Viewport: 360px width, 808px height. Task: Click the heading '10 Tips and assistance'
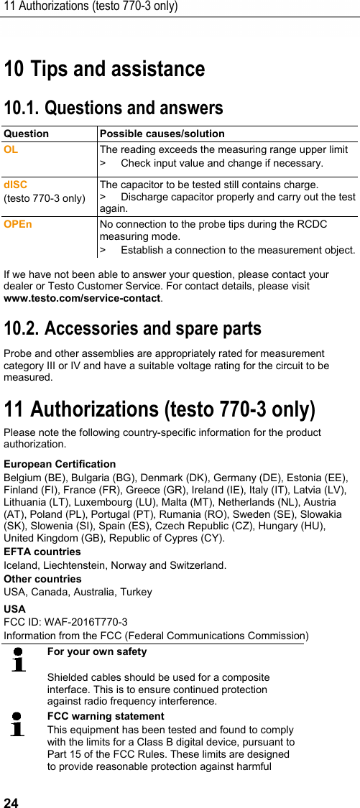pos(104,70)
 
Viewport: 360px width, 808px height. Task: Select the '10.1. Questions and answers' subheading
pos(114,109)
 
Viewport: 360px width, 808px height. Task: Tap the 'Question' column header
pos(27,134)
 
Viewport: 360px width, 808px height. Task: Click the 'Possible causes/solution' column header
pos(162,134)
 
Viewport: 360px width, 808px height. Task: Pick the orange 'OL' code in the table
pos(11,150)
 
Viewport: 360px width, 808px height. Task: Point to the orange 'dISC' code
pos(15,185)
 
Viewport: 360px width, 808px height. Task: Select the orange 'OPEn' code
pos(18,224)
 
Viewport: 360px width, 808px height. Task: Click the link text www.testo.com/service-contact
pos(82,298)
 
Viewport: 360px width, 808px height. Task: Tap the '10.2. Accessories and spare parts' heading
pos(133,329)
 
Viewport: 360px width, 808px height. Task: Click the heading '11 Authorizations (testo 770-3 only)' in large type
pos(160,410)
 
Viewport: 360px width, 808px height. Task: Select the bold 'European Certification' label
pos(60,464)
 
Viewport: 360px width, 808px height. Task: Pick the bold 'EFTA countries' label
pos(42,552)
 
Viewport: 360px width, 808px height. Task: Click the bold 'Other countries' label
pos(43,579)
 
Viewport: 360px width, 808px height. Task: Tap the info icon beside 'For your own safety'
pos(18,659)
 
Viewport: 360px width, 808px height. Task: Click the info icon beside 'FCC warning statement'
pos(18,724)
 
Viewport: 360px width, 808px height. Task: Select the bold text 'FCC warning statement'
pos(106,716)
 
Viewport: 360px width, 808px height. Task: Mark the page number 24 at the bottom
pos(10,801)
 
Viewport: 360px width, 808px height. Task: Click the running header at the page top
pos(91,7)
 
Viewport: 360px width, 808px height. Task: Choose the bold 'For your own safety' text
pos(97,651)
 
